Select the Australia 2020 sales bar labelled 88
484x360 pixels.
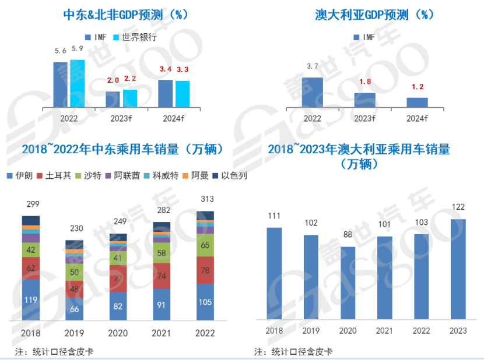click(348, 283)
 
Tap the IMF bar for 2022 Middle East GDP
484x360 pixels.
click(60, 84)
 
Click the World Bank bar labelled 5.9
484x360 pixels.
click(77, 83)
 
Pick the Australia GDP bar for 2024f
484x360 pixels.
click(417, 102)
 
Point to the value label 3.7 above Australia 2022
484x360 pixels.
click(313, 66)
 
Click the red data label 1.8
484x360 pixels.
click(365, 82)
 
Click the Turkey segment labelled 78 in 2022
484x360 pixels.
click(205, 270)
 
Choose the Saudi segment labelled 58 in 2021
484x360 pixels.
click(162, 252)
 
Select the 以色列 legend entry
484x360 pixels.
click(230, 175)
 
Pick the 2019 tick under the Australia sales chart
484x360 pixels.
click(311, 330)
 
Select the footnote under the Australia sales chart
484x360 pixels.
click(290, 351)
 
